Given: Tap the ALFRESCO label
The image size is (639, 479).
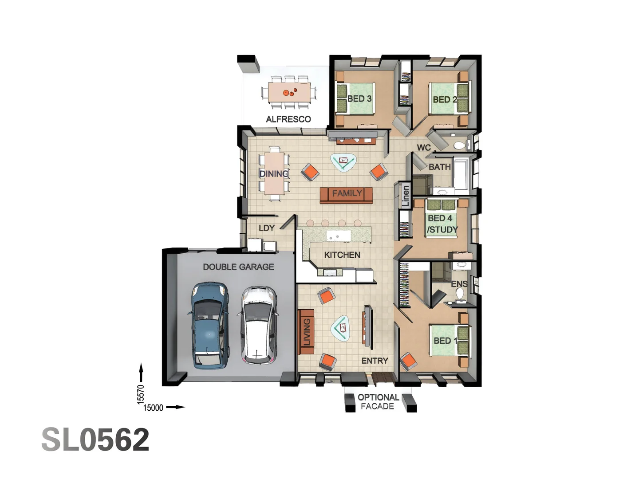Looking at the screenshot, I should (x=288, y=119).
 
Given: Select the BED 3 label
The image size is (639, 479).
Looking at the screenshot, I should (x=359, y=98).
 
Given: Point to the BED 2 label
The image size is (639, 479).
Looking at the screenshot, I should (x=444, y=99).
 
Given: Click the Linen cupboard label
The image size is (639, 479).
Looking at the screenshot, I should (x=405, y=196).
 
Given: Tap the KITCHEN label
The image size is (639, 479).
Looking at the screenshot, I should (x=342, y=255).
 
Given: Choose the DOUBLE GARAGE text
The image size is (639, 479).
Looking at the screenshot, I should (x=238, y=267).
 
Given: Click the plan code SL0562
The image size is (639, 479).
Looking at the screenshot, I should (x=95, y=440).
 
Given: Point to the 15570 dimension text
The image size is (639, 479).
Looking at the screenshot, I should (x=141, y=394).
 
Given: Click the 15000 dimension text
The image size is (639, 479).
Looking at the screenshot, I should (x=154, y=408).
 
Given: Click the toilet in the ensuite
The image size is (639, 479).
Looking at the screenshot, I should (x=460, y=294).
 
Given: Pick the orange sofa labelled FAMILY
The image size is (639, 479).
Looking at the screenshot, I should (x=347, y=195).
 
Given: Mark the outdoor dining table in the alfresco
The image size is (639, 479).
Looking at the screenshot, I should (x=289, y=93).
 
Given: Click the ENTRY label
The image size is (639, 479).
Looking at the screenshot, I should (x=375, y=361).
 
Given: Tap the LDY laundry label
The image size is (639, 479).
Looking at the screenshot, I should (x=266, y=228).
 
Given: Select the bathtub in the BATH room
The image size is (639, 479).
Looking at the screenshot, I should (x=461, y=173).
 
